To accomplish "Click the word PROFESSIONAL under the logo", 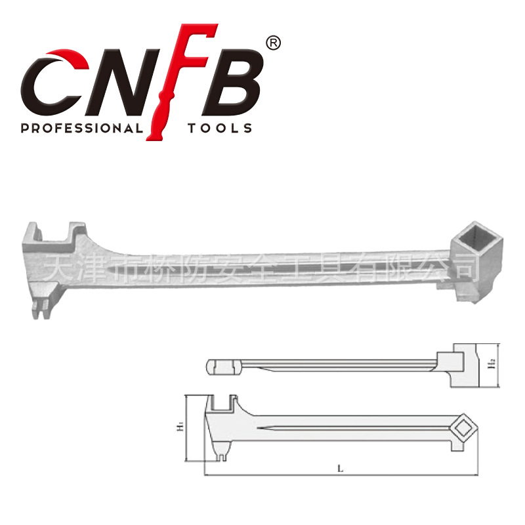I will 81,128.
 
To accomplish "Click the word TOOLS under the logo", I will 219,128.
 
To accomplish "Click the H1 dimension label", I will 178,428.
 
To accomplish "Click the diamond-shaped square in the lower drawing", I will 465,428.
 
